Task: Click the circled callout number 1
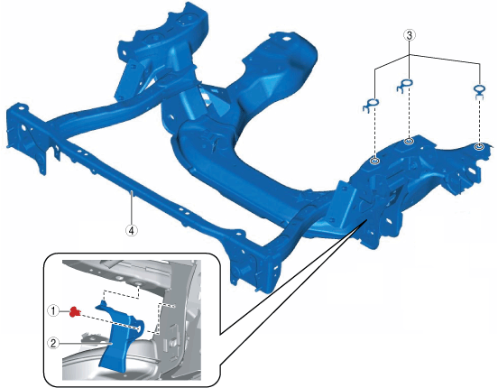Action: click(x=53, y=310)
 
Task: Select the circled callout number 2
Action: click(x=53, y=343)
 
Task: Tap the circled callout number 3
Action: click(x=410, y=35)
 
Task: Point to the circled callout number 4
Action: click(x=132, y=230)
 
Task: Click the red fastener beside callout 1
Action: click(x=75, y=311)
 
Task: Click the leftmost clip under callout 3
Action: click(x=371, y=105)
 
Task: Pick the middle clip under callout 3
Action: click(x=404, y=86)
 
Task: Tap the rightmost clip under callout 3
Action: click(x=479, y=90)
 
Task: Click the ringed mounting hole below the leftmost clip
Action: click(x=375, y=161)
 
